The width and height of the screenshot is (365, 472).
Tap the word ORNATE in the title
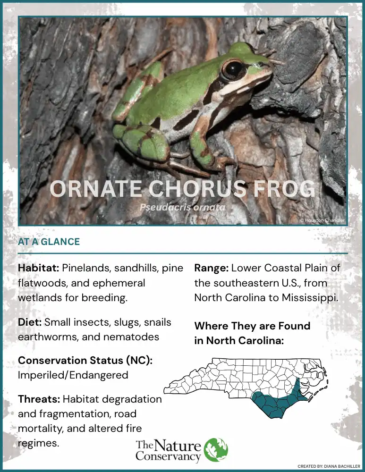click(x=96, y=190)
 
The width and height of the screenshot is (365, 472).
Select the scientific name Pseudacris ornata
click(x=182, y=207)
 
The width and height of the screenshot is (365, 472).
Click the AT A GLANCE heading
click(x=49, y=242)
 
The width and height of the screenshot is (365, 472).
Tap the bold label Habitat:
click(x=38, y=268)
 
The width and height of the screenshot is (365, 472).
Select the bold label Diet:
click(x=30, y=322)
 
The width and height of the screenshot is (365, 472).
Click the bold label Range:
click(x=211, y=268)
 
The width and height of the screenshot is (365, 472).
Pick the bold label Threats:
click(x=39, y=399)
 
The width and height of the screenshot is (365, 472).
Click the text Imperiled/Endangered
click(x=73, y=375)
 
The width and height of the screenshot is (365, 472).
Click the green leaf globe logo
click(x=216, y=450)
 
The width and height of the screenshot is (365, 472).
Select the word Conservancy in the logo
click(x=168, y=456)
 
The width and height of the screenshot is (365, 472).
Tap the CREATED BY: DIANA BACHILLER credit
click(x=329, y=466)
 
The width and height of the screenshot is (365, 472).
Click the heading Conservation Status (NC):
click(x=85, y=360)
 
